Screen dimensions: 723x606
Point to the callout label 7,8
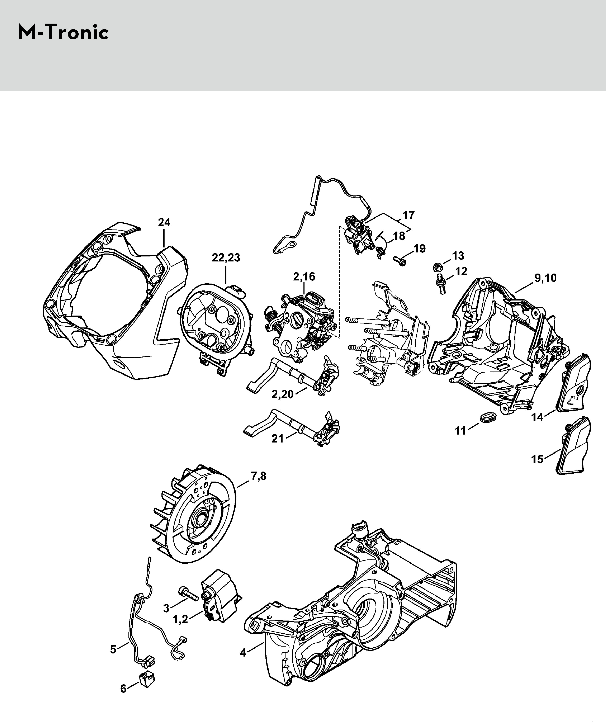coord(258,476)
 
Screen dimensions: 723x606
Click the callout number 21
coord(278,439)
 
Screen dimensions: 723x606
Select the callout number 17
coord(408,215)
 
